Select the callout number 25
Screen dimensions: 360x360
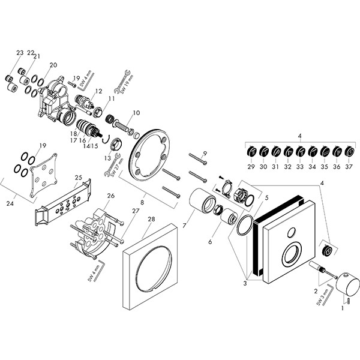point(77,177)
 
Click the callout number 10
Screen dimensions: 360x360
point(136,112)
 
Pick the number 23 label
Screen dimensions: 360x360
point(20,53)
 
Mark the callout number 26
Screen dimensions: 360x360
point(110,196)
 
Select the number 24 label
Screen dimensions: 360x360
point(10,203)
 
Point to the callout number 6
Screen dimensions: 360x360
point(209,242)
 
